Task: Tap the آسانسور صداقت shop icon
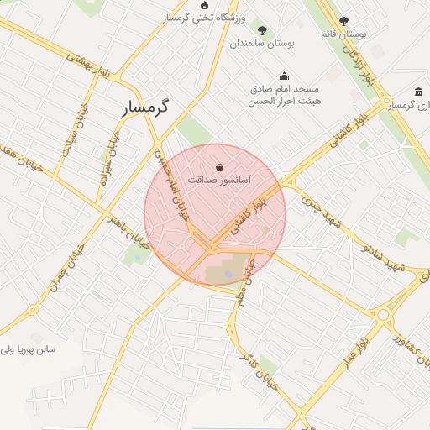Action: [219, 166]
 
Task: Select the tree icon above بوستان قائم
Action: [343, 21]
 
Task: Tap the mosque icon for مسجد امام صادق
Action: [284, 76]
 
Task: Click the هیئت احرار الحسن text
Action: [284, 101]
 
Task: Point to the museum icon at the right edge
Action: [418, 92]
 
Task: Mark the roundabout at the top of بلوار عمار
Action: [386, 317]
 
